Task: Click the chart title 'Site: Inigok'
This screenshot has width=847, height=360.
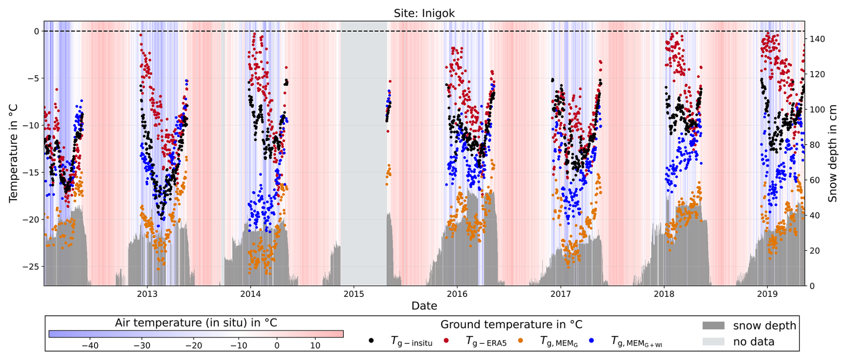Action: click(424, 13)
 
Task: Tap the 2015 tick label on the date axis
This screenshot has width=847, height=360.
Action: click(354, 294)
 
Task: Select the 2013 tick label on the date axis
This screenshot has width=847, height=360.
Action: click(147, 294)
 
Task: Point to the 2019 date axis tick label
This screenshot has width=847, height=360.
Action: click(767, 294)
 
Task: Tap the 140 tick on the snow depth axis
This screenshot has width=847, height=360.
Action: click(817, 39)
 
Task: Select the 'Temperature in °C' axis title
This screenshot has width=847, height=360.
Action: click(13, 153)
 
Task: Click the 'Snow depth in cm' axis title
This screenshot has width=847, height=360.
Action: click(833, 153)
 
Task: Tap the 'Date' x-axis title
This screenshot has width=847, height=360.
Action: click(424, 306)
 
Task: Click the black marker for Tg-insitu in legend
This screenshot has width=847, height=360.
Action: click(371, 341)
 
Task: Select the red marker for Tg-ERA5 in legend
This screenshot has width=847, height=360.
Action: click(446, 341)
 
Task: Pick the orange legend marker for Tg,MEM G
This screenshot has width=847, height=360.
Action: click(521, 341)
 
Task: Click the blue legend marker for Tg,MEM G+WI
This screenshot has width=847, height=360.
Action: click(592, 341)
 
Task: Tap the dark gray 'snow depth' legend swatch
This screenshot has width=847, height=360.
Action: click(713, 326)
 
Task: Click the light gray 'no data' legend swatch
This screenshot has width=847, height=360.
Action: click(713, 341)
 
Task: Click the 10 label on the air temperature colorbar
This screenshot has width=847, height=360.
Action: click(315, 346)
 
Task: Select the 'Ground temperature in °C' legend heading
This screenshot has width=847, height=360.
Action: click(511, 325)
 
